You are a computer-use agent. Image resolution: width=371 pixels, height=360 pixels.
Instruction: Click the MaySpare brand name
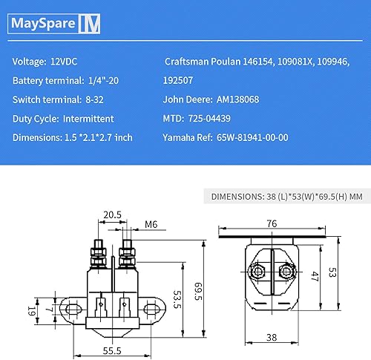click(42, 24)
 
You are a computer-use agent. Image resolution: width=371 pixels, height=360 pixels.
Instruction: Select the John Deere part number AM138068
click(246, 99)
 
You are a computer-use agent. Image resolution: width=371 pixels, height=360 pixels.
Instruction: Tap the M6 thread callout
click(151, 224)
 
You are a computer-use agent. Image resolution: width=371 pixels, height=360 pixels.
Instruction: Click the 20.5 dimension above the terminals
click(112, 214)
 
